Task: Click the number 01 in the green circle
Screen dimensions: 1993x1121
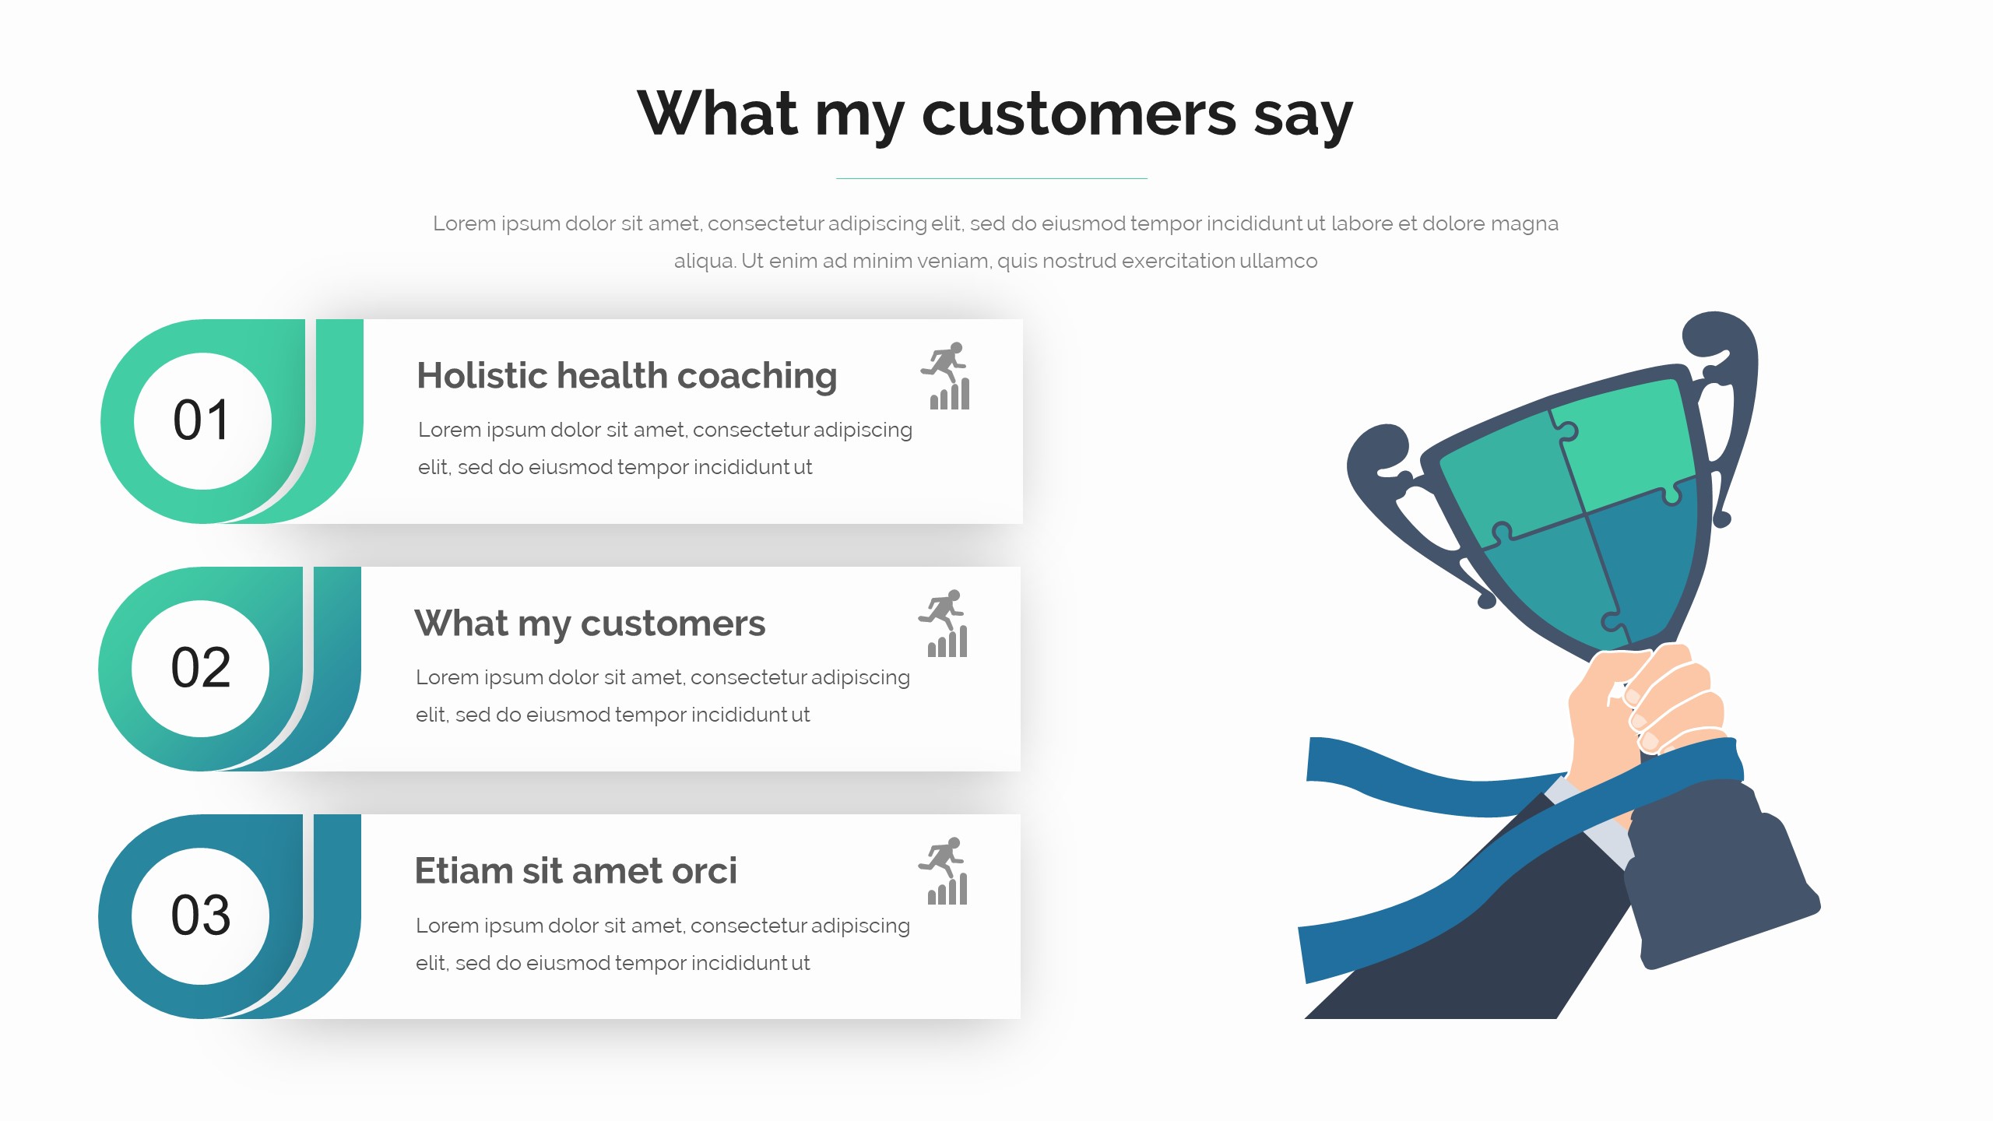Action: point(202,420)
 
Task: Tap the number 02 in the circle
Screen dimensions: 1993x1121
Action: point(201,668)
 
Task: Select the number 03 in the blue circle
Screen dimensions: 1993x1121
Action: point(201,915)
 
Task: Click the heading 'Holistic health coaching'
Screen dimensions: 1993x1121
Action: point(627,377)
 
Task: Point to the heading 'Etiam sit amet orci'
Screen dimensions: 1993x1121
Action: point(575,870)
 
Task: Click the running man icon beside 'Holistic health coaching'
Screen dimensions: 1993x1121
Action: point(946,376)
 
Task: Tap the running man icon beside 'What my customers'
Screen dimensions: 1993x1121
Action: point(944,624)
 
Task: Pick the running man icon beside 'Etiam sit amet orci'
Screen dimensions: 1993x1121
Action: point(944,871)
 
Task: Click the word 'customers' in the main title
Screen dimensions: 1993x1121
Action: point(1079,114)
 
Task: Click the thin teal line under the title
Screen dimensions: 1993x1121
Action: point(992,178)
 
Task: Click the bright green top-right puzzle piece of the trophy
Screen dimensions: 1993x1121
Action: point(1627,444)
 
